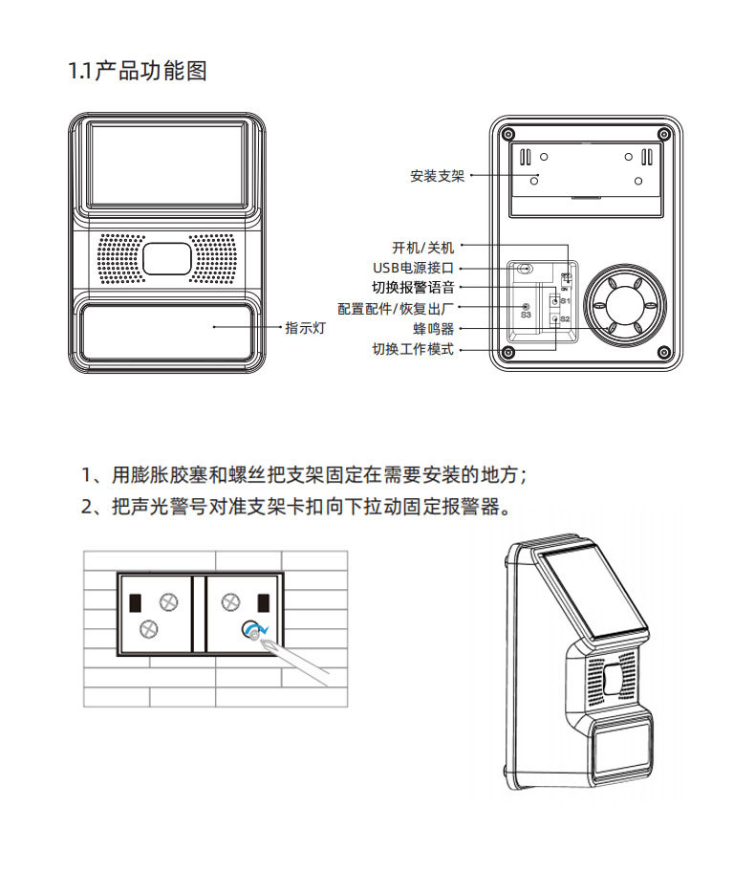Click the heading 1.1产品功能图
tap(138, 72)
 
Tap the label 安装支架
tap(437, 176)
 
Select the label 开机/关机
tap(423, 248)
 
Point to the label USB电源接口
tap(413, 268)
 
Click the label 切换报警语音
tap(413, 287)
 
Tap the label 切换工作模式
tap(413, 349)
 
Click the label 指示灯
tap(307, 327)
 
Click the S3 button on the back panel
tap(525, 304)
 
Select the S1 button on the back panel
tap(556, 300)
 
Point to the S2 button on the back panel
tap(556, 318)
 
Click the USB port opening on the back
tap(524, 269)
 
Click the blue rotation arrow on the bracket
tap(253, 629)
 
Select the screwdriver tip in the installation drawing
tap(255, 633)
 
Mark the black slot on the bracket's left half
tap(135, 602)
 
